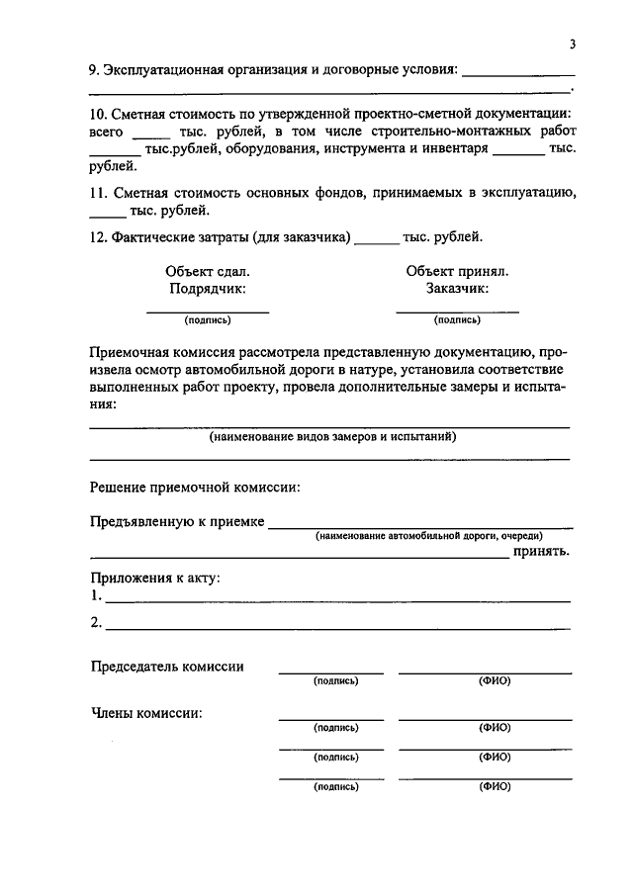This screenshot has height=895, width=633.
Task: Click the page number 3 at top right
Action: tap(573, 45)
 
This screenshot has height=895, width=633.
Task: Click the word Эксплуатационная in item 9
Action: tap(162, 70)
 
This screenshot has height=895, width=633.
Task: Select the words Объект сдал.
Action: tap(208, 271)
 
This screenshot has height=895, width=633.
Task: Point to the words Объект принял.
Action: tap(457, 271)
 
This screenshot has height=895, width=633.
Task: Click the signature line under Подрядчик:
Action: tap(208, 312)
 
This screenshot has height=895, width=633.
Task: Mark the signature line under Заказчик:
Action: tap(457, 312)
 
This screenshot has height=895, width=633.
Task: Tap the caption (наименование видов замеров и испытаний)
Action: tap(332, 436)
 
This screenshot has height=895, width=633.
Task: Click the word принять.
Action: tap(541, 552)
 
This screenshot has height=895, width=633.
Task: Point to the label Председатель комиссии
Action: tap(167, 667)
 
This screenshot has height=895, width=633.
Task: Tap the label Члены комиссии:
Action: tap(147, 712)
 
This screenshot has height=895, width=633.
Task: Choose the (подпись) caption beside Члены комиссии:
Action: tap(335, 728)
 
